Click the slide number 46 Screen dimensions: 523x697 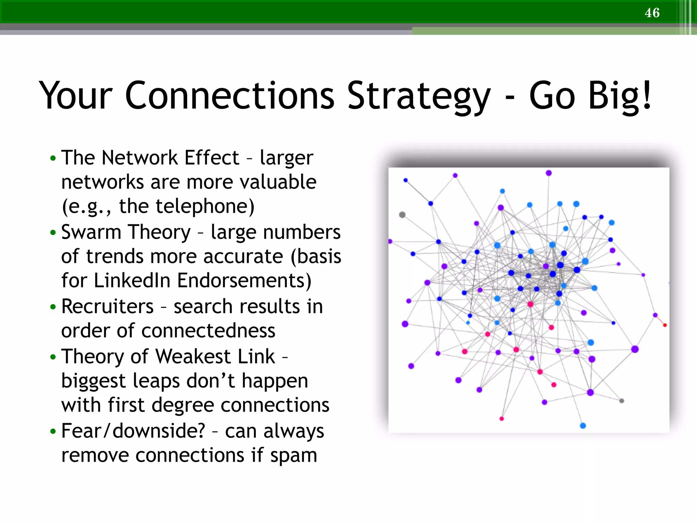pyautogui.click(x=652, y=13)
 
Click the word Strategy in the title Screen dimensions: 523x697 pyautogui.click(x=419, y=97)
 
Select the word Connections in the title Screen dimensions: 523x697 pyautogui.click(x=230, y=96)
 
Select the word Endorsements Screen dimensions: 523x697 pyautogui.click(x=244, y=281)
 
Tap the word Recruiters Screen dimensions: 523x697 pyautogui.click(x=107, y=306)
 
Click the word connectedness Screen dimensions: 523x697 pyautogui.click(x=168, y=331)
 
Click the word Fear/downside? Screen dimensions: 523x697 pyautogui.click(x=133, y=431)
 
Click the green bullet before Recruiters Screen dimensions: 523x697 pyautogui.click(x=53, y=307)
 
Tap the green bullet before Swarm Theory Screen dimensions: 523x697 pyautogui.click(x=53, y=233)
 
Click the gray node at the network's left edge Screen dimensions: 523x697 pyautogui.click(x=402, y=215)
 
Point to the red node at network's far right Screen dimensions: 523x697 pyautogui.click(x=665, y=325)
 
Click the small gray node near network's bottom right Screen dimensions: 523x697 pyautogui.click(x=621, y=401)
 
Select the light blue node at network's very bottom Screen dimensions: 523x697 pyautogui.click(x=583, y=426)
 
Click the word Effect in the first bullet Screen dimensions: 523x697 pyautogui.click(x=212, y=158)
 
